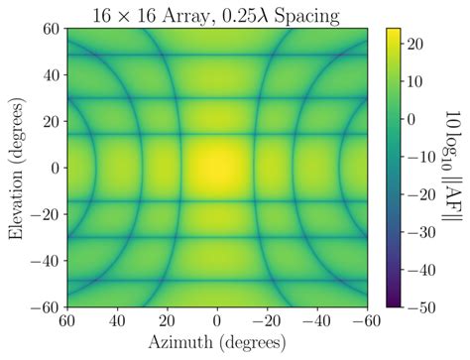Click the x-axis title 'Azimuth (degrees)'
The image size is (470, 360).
pos(217,343)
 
